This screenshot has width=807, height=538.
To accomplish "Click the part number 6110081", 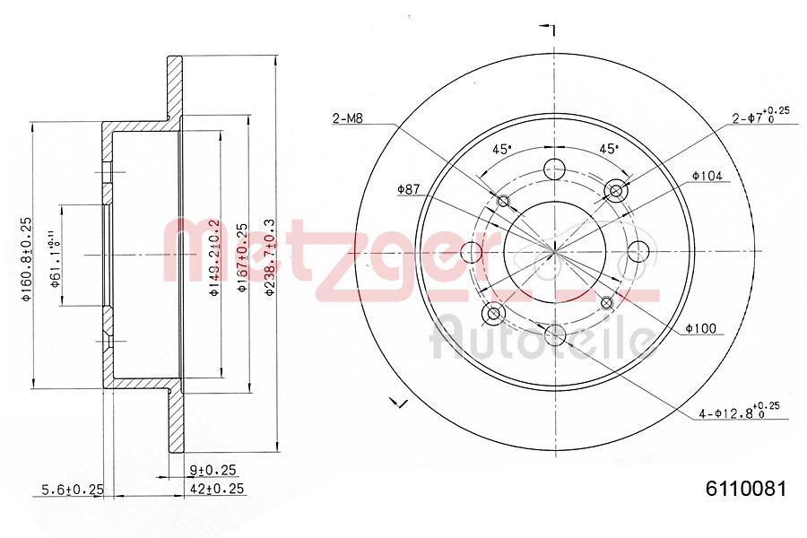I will click(746, 489).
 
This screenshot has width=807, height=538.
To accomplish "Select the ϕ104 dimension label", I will click(707, 176).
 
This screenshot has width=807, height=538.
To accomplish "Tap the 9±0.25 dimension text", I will click(213, 469).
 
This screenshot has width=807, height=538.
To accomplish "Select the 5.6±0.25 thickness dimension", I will click(74, 489).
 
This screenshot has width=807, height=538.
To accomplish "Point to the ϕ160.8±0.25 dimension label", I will click(27, 258).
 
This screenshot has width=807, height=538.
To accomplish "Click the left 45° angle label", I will click(502, 149).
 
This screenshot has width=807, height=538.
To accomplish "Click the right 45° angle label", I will click(609, 149).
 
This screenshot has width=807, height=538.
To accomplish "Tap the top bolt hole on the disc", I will click(555, 168).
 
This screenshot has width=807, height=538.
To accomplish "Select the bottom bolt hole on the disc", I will click(555, 336).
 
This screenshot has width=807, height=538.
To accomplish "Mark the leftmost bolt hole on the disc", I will click(471, 252).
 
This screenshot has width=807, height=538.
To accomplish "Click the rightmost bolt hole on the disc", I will click(639, 252).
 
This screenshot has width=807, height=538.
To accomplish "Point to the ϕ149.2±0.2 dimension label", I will click(213, 257).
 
